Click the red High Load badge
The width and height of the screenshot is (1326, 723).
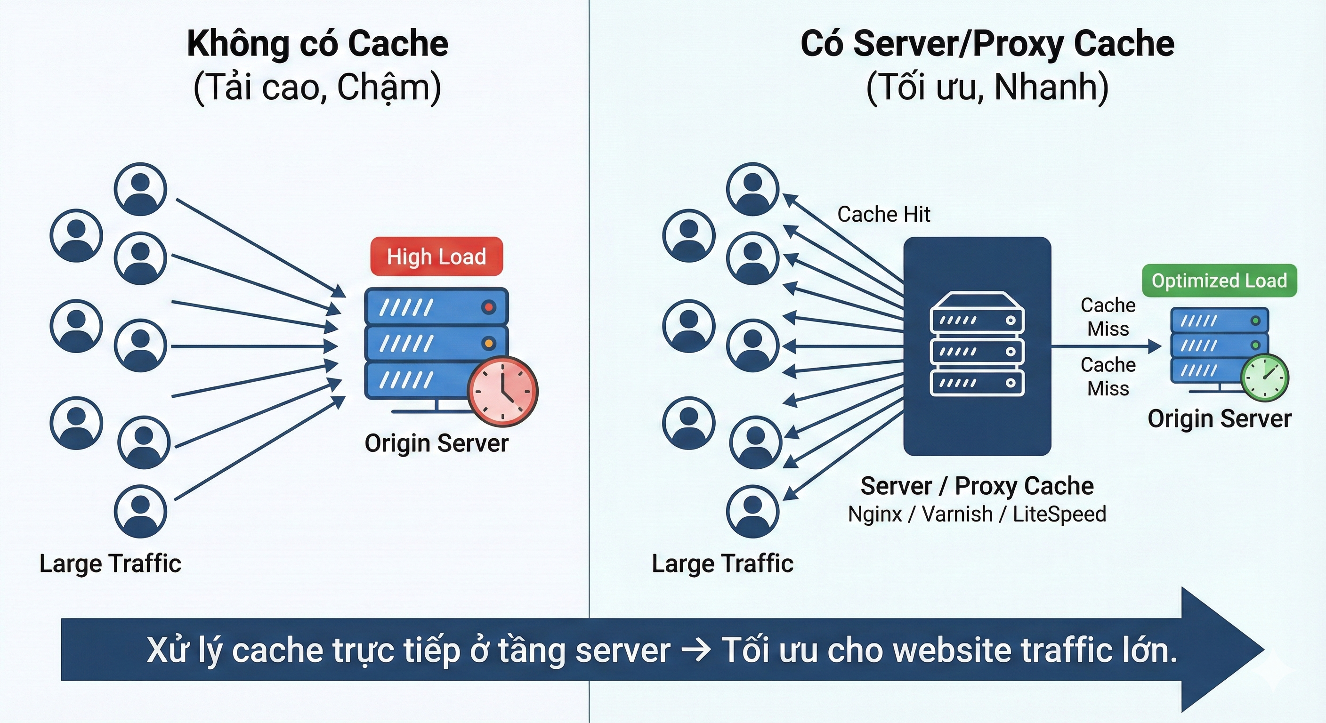(436, 256)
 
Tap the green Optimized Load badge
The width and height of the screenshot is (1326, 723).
(1219, 281)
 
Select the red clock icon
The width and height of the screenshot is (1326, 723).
(502, 391)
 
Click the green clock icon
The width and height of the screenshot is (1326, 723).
(1264, 377)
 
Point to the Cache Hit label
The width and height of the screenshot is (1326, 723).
(883, 214)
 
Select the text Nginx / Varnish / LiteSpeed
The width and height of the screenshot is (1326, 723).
(977, 514)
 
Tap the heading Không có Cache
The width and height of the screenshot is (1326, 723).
(317, 44)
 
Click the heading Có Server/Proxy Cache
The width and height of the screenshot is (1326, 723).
(987, 44)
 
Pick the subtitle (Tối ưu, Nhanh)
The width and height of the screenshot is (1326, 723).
(987, 87)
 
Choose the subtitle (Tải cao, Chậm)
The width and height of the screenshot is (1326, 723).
(317, 87)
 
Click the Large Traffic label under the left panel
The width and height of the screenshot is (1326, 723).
(110, 563)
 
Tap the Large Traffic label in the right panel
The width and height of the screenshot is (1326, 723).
(722, 563)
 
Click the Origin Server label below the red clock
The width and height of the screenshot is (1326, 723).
(436, 443)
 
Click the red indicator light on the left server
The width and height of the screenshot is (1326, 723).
(488, 307)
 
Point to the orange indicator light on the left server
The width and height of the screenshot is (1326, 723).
(488, 343)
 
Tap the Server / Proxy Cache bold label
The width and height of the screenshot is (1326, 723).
(977, 486)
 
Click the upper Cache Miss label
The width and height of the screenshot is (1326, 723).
(1107, 317)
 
